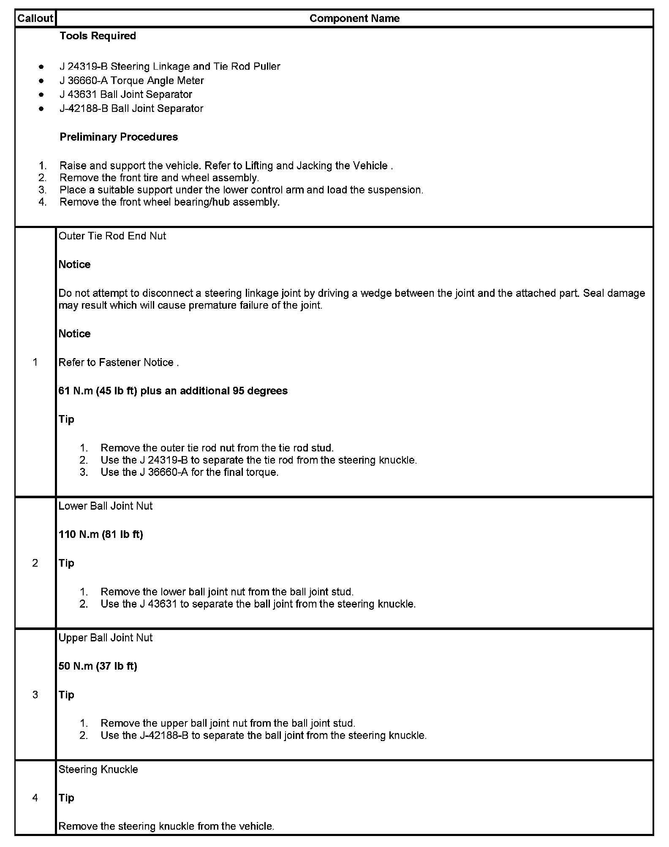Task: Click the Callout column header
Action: point(35,19)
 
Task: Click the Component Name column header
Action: point(354,19)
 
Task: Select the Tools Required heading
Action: point(98,36)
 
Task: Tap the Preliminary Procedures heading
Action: point(119,137)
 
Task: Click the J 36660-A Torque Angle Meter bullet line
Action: point(132,81)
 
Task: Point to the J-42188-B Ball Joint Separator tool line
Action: point(131,109)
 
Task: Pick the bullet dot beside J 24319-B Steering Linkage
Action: point(41,67)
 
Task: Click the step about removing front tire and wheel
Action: point(159,178)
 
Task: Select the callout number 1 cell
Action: point(35,362)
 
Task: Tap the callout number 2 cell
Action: point(35,563)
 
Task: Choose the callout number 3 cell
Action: point(35,695)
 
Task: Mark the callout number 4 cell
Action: point(35,798)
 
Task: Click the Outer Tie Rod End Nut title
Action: point(112,236)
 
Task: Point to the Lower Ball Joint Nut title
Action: point(106,506)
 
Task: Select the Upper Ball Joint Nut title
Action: point(106,638)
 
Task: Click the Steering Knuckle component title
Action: point(98,769)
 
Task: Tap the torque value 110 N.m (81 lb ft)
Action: point(101,535)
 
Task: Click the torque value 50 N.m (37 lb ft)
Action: point(98,666)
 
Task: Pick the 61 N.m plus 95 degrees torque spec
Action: point(173,391)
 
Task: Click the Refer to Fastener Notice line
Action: point(119,362)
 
